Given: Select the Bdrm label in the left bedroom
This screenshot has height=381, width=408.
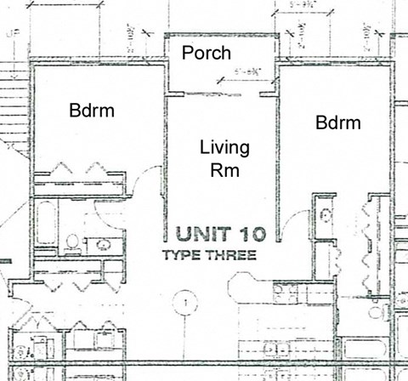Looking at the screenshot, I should click(92, 111).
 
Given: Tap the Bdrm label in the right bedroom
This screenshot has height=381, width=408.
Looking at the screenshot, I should click(338, 122).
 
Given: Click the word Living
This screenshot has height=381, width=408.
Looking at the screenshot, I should click(224, 148).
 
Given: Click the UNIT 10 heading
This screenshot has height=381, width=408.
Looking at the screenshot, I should click(221, 233).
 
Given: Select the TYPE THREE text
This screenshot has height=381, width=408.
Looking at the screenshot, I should click(209, 254).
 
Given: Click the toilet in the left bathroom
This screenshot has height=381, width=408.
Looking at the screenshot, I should click(72, 243).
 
